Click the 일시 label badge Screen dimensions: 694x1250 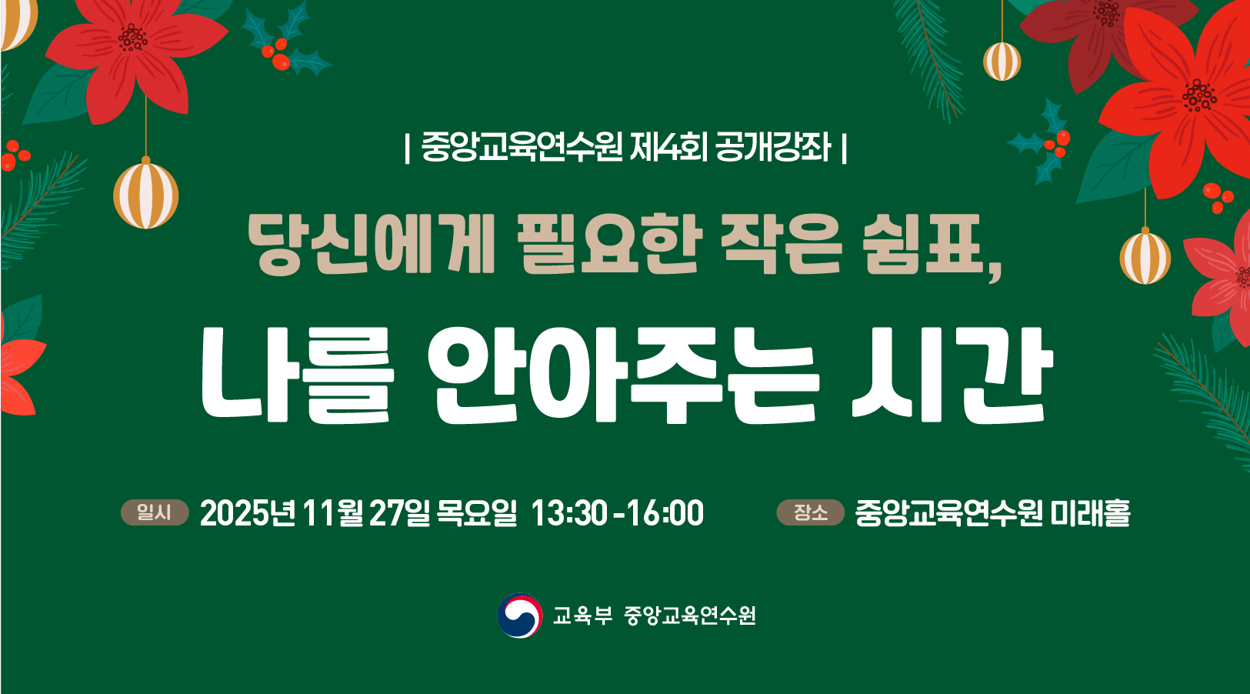[155, 512]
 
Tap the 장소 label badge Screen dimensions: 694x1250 [810, 512]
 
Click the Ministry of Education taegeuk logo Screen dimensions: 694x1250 [520, 616]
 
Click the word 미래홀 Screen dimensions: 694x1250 [1091, 513]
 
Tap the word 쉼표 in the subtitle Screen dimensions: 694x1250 [929, 245]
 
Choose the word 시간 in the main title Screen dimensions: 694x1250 [951, 375]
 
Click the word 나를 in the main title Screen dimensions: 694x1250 [298, 375]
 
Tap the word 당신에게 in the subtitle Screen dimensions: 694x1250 [371, 245]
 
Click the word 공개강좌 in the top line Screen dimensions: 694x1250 [772, 147]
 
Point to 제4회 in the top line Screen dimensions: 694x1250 [668, 147]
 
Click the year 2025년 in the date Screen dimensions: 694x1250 [248, 513]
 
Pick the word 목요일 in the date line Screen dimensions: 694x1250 [476, 513]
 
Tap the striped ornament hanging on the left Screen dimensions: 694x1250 [146, 195]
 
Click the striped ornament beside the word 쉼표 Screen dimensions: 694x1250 [1145, 258]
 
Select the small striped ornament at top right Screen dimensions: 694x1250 [1002, 62]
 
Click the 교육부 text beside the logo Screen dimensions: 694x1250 [582, 616]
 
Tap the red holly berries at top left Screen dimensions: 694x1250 [277, 54]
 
